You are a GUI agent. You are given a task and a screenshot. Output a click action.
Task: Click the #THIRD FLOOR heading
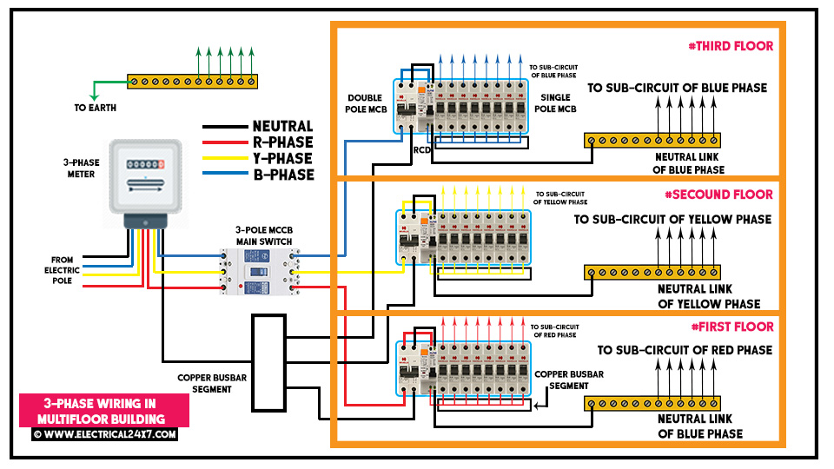point(731,46)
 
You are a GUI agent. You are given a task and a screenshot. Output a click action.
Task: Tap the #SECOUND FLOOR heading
point(718,195)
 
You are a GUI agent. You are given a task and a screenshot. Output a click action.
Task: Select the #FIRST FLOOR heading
point(732,327)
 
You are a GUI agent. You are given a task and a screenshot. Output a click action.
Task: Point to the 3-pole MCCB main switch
point(260,271)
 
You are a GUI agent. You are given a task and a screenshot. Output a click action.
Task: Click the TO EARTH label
point(96,108)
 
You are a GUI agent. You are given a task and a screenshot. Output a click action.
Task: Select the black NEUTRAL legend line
point(225,127)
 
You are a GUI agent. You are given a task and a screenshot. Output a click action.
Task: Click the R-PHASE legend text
point(283,142)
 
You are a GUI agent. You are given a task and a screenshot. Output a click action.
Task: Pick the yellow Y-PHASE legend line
point(225,158)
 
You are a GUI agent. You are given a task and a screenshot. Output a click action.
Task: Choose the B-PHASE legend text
point(283,175)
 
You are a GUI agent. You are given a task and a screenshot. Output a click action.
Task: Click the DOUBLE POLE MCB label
point(366,103)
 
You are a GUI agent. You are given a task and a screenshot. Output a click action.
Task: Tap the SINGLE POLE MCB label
point(555,103)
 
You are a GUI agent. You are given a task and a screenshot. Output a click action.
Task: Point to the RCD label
point(422,150)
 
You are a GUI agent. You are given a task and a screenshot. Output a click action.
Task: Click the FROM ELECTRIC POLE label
point(62,270)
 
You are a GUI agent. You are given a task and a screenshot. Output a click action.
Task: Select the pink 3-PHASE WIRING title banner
point(104,411)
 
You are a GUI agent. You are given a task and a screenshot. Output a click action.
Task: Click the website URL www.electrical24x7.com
point(105,434)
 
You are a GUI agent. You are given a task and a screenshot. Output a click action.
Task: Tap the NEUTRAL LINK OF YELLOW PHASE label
point(709,297)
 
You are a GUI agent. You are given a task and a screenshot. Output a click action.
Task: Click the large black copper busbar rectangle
point(269,363)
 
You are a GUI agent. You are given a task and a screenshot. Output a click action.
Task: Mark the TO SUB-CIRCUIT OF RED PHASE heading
point(685,350)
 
